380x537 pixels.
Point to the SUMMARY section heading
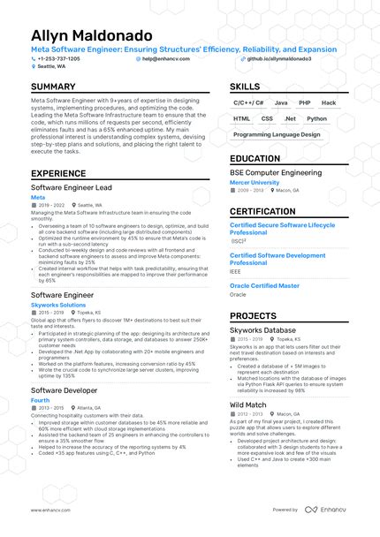[x=54, y=87]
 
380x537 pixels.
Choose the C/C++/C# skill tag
[x=248, y=103]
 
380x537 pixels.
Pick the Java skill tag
[x=280, y=103]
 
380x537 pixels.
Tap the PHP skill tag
[x=305, y=103]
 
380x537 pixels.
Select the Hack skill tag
[x=330, y=103]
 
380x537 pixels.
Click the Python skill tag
[x=316, y=118]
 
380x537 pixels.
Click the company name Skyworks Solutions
[x=58, y=305]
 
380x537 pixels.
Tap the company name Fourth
[x=40, y=400]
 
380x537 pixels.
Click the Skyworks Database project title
[x=263, y=330]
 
